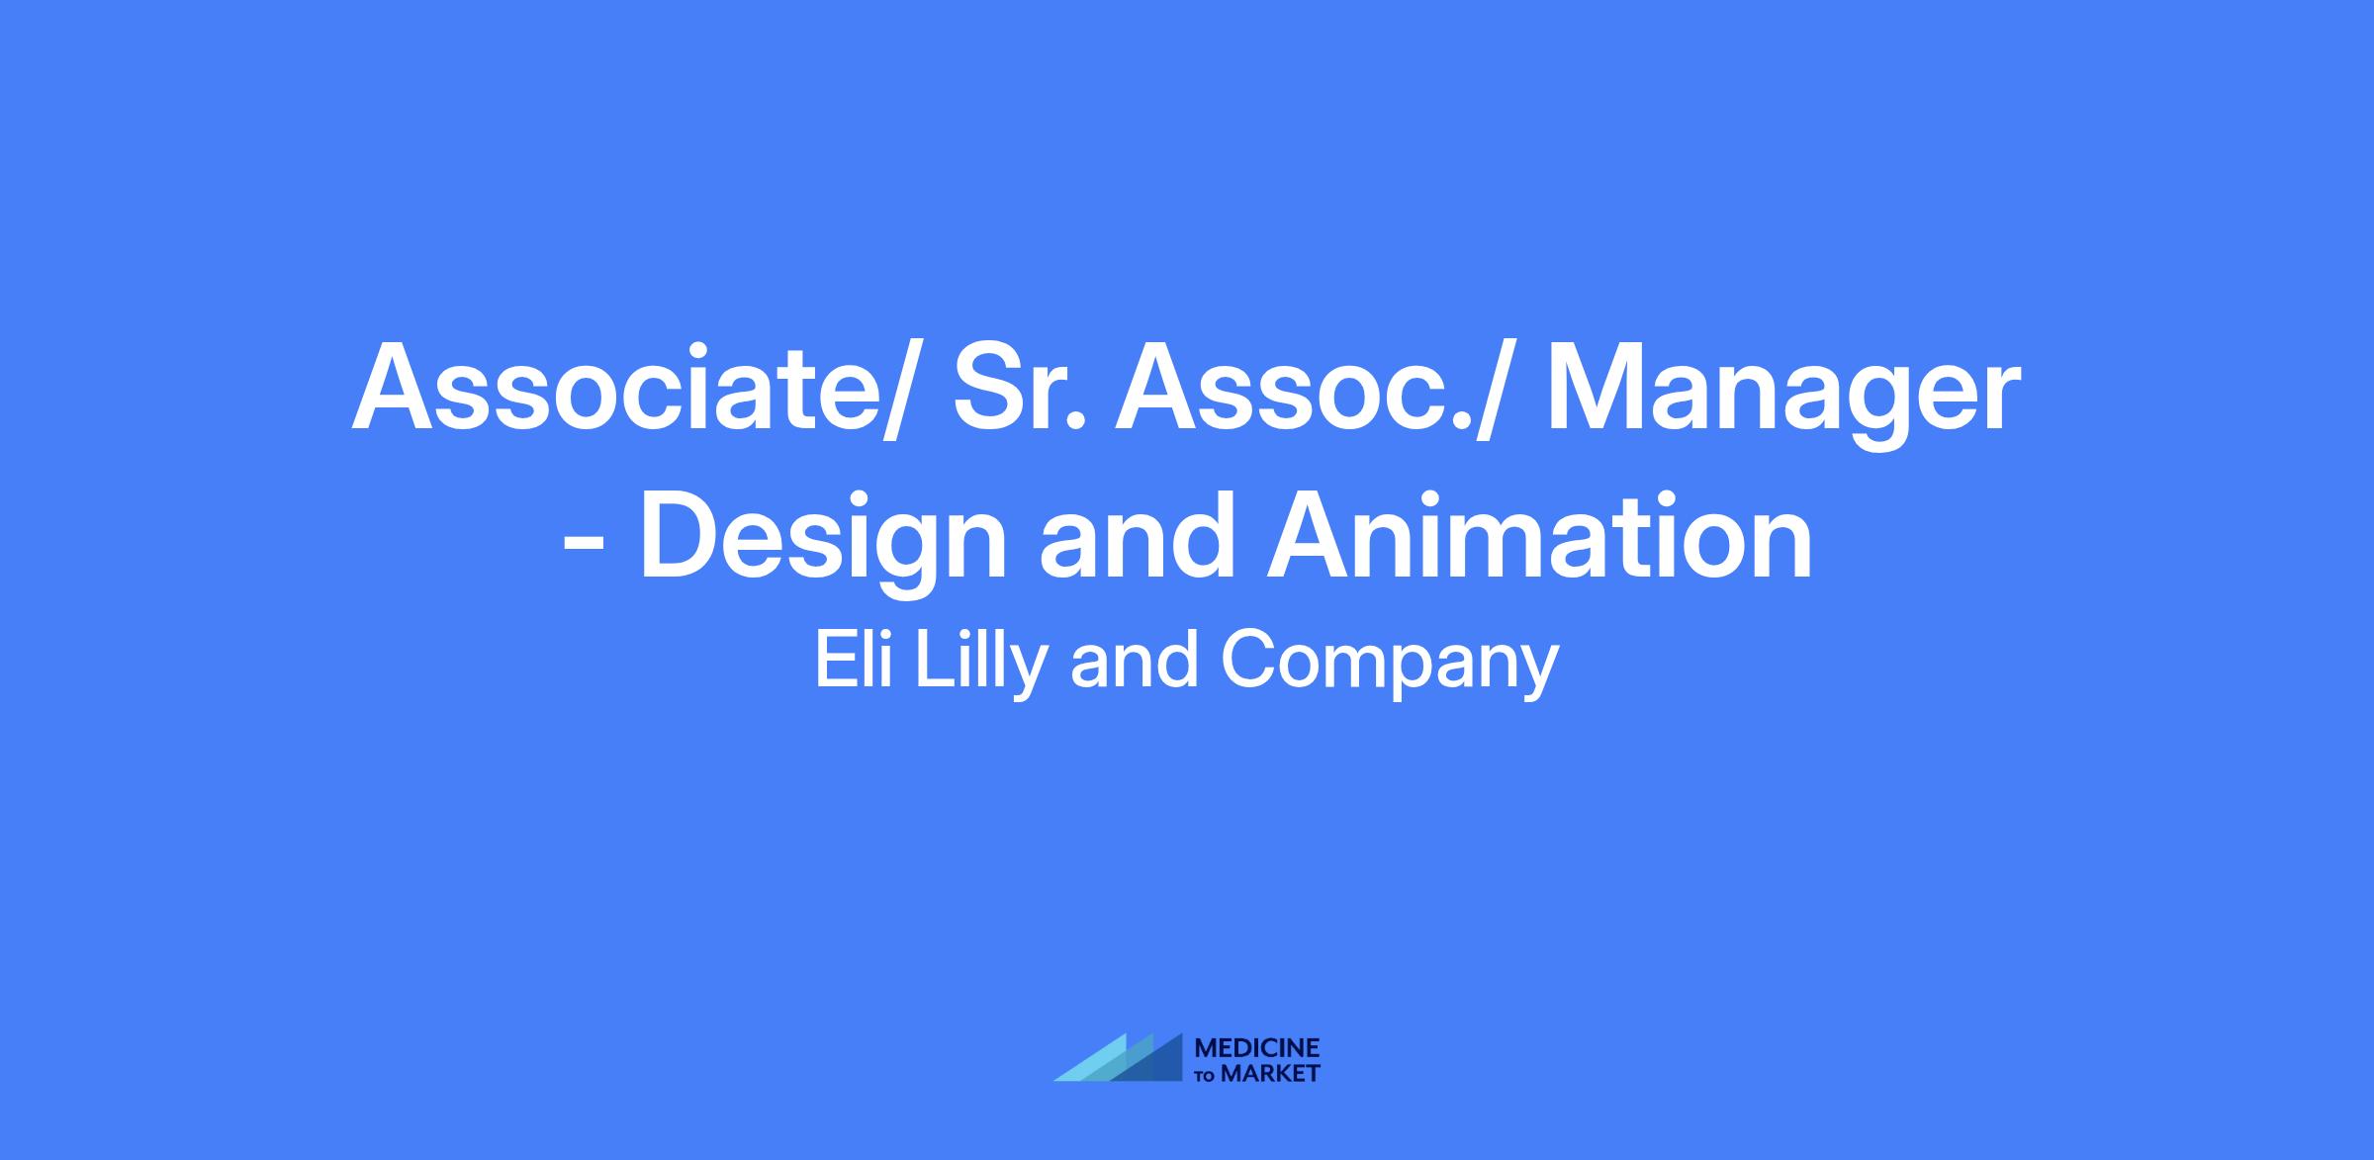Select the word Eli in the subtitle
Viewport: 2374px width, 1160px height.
[x=854, y=660]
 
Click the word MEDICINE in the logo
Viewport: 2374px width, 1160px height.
[x=1257, y=1048]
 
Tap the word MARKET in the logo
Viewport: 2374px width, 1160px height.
[x=1271, y=1074]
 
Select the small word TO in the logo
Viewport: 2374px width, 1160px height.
[x=1207, y=1076]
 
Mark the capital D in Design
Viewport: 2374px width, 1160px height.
[x=685, y=534]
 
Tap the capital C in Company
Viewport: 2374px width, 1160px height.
[x=1248, y=661]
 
